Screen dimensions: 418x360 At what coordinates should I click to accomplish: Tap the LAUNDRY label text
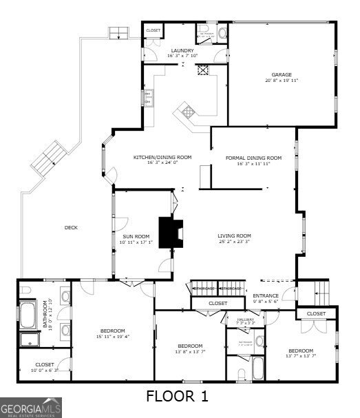coord(182,50)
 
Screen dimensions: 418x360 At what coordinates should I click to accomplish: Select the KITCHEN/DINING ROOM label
coord(162,157)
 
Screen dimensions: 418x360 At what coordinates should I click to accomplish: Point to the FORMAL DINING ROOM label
coord(254,157)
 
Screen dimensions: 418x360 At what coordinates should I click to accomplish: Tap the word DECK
coord(71,228)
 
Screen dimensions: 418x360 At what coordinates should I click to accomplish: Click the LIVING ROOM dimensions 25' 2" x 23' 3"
coord(234,242)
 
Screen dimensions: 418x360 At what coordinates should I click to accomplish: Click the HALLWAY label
coord(246,320)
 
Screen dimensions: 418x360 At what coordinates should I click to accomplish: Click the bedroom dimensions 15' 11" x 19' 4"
coord(112,337)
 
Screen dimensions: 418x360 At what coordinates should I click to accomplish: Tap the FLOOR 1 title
coord(177,396)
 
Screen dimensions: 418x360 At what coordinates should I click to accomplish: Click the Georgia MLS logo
coord(31,407)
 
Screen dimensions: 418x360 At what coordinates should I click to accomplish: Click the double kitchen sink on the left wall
coord(147,99)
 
